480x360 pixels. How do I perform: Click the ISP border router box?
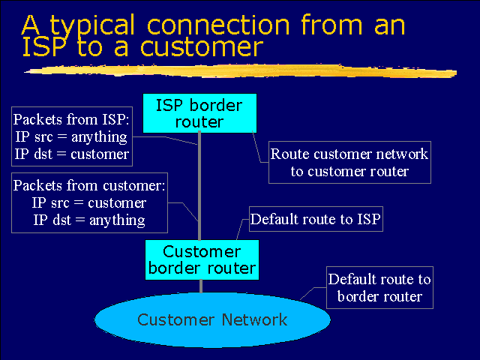tap(199, 112)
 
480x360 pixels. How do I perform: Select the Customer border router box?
tap(201, 259)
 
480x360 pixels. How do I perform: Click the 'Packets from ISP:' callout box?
tap(72, 137)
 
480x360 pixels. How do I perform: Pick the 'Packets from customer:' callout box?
tap(89, 202)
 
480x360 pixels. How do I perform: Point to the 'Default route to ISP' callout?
tap(315, 220)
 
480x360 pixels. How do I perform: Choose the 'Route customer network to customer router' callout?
tap(349, 163)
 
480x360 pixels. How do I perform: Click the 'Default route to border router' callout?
tap(379, 288)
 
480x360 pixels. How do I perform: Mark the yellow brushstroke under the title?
tap(240, 71)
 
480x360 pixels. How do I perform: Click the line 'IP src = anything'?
tap(72, 137)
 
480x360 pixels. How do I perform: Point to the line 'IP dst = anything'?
tap(89, 220)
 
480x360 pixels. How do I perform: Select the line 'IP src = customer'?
tap(89, 202)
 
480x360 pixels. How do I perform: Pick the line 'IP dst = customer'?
tap(72, 154)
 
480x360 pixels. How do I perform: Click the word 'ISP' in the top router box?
tap(171, 104)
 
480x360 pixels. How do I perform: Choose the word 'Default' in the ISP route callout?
tap(274, 220)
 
